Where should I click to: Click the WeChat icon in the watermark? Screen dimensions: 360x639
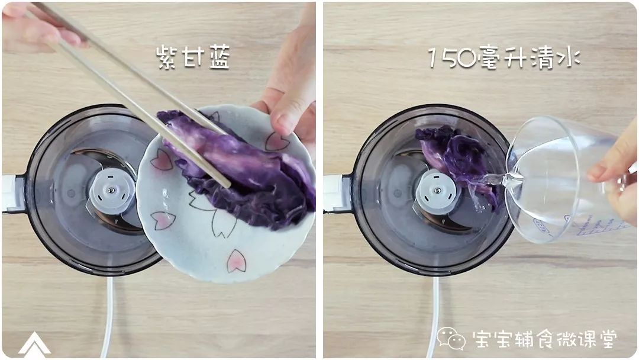451,339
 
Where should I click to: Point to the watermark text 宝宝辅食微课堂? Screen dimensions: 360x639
545,339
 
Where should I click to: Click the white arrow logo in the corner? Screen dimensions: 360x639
34,344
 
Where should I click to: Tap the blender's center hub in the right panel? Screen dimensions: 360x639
437,191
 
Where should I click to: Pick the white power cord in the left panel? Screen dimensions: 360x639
108,314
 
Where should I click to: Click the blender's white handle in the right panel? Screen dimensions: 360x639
333,193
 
